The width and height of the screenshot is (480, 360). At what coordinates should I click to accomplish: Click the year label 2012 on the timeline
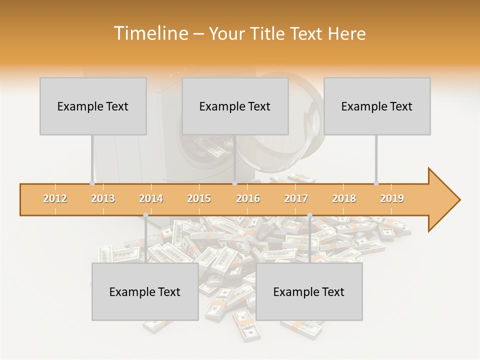[55, 198]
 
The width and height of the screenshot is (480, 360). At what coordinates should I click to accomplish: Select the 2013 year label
[103, 198]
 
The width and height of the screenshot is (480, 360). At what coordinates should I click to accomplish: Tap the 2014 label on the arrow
[151, 198]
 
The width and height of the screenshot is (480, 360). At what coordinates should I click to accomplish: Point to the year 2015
[199, 198]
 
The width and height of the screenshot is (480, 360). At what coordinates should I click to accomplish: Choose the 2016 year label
[248, 198]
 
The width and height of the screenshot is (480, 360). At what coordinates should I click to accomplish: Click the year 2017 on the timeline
[296, 198]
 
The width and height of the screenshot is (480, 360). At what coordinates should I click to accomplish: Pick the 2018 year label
[344, 198]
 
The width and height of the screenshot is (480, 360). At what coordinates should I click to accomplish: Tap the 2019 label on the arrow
[392, 198]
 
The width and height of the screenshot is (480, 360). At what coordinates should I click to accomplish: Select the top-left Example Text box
[93, 106]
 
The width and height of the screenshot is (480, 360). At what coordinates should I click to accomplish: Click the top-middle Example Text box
[235, 106]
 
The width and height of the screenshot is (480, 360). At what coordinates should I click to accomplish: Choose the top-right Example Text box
[377, 106]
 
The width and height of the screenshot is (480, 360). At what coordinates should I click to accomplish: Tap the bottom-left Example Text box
[145, 291]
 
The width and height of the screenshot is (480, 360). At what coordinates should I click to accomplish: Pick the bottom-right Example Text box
[309, 291]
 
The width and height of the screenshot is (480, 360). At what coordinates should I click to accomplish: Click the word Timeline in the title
[150, 33]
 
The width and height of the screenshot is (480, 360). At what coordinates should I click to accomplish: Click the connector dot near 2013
[92, 183]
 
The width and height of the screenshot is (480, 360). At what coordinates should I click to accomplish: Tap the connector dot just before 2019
[376, 183]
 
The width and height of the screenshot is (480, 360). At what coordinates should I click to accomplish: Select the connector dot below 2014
[145, 215]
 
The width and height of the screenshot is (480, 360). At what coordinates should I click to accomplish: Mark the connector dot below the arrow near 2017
[309, 215]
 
